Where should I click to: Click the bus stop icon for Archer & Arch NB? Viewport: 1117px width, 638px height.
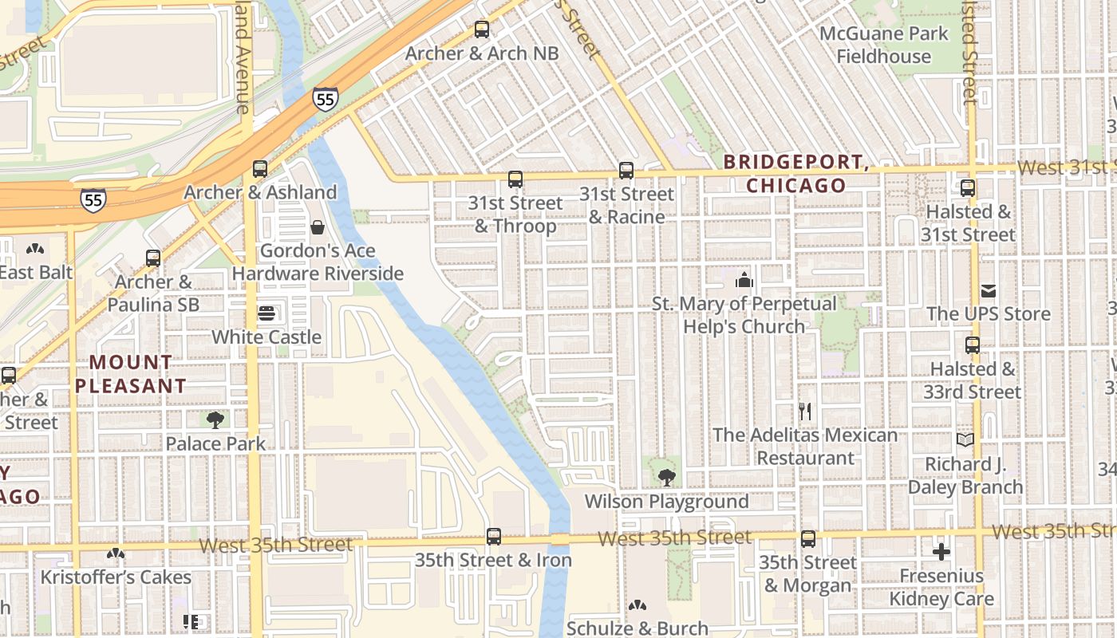481,30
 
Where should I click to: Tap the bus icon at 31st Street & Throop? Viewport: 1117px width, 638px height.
515,179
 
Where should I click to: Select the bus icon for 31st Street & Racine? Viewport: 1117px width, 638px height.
626,171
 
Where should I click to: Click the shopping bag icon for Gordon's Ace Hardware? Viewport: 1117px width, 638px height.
318,228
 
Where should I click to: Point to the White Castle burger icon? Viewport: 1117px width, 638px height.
266,313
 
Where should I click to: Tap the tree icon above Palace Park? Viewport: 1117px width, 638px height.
215,419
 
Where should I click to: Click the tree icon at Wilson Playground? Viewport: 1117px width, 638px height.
666,478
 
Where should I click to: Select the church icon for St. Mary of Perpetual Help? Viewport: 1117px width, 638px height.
744,280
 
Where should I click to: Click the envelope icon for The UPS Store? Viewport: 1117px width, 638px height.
989,291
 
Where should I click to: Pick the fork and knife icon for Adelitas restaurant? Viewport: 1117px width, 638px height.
805,412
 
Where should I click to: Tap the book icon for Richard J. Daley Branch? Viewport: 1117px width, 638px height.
965,440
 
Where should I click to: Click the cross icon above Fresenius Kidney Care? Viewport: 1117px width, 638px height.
941,551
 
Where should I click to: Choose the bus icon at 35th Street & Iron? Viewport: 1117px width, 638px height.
494,537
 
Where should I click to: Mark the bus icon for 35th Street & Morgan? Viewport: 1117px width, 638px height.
808,539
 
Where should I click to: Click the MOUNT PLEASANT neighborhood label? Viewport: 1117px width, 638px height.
130,374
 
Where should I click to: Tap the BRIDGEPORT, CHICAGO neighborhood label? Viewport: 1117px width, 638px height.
795,174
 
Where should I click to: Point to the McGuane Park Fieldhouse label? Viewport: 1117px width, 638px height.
884,45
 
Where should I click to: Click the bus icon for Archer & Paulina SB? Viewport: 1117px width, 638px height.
153,258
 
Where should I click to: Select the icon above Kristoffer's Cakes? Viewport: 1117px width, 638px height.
116,553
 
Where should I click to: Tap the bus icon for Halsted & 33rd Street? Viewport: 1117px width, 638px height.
972,345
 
